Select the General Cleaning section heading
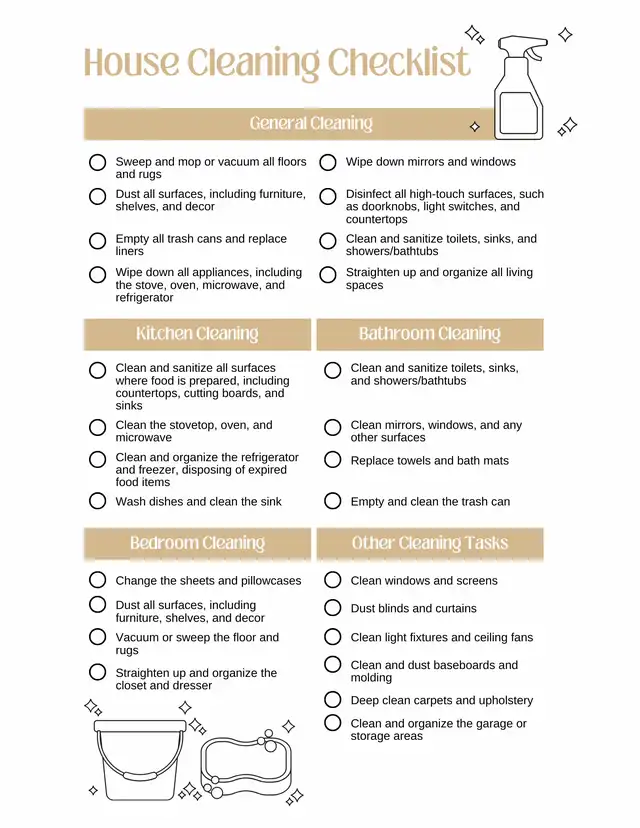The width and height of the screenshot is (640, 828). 311,124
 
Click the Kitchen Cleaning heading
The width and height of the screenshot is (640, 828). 197,334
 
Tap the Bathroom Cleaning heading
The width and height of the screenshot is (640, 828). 429,334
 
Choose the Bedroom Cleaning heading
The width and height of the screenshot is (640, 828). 197,544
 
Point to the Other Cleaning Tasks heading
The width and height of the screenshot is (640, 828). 429,544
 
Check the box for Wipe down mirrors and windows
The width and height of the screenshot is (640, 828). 327,162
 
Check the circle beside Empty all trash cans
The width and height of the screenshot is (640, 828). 97,241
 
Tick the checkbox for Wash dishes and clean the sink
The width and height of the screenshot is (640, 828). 97,501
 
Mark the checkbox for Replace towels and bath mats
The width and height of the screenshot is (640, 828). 333,460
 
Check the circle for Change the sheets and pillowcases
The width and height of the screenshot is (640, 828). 97,580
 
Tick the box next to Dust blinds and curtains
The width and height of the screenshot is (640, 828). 333,608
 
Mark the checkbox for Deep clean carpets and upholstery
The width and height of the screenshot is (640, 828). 333,700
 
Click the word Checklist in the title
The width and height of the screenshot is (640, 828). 399,63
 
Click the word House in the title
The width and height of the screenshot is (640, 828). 131,63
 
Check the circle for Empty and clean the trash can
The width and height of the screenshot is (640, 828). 333,501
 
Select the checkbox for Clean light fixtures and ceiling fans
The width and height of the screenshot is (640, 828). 333,637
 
